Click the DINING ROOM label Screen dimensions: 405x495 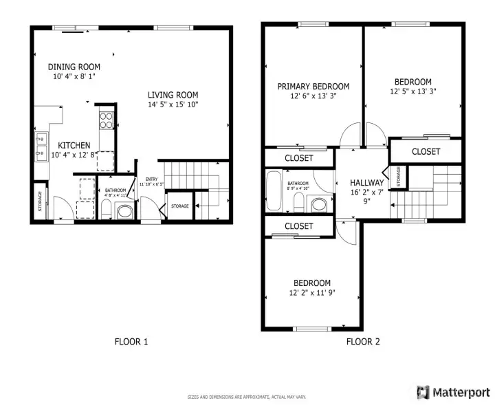pyautogui.click(x=74, y=67)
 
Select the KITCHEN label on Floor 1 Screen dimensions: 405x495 pyautogui.click(x=74, y=145)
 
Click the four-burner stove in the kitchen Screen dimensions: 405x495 pyautogui.click(x=107, y=120)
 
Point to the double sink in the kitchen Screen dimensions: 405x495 pyautogui.click(x=40, y=145)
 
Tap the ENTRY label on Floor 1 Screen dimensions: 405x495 pyautogui.click(x=151, y=179)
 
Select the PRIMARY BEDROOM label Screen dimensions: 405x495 pyautogui.click(x=313, y=87)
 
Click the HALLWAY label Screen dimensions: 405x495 pyautogui.click(x=366, y=183)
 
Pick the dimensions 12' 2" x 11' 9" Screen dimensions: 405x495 pyautogui.click(x=313, y=293)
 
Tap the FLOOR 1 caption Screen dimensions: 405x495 pyautogui.click(x=131, y=341)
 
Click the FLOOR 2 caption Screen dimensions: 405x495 pyautogui.click(x=362, y=341)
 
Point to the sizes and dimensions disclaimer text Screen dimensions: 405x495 pyautogui.click(x=247, y=397)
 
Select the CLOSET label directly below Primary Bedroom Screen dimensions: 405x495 pyautogui.click(x=298, y=158)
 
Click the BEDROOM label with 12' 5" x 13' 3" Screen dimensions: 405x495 pyautogui.click(x=413, y=81)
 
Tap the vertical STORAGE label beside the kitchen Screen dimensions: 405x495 pyautogui.click(x=40, y=201)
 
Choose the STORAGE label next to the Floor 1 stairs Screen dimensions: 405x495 pyautogui.click(x=179, y=206)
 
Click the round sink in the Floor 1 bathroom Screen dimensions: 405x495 pyautogui.click(x=124, y=212)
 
